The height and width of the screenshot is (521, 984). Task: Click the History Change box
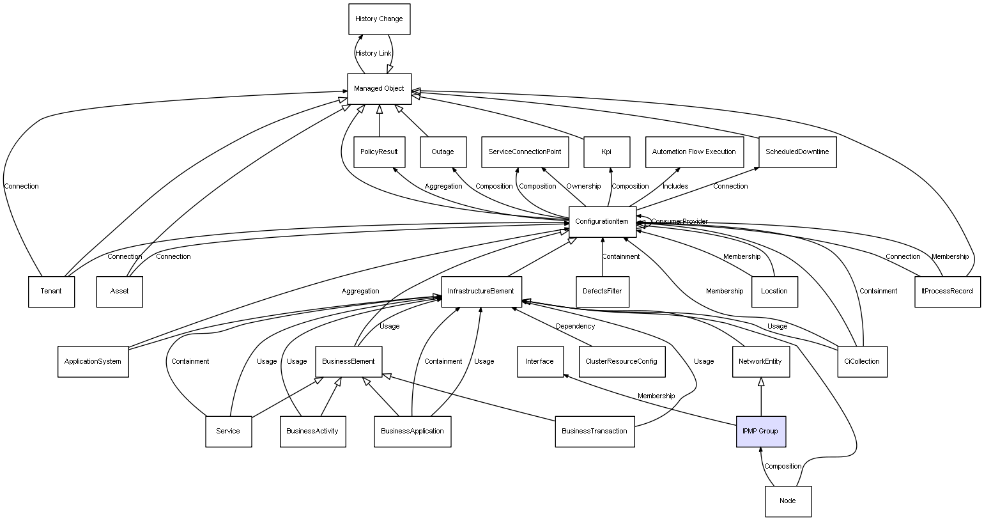point(379,19)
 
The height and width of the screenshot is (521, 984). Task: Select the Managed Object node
point(379,89)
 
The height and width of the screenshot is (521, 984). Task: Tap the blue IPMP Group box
point(760,432)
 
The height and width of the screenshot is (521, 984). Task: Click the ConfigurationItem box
point(602,222)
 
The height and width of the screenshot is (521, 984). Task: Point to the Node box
point(788,501)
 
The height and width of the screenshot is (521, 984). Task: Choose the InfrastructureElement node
point(481,292)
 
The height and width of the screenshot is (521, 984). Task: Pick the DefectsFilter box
point(602,292)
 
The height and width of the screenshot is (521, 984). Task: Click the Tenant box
point(51,292)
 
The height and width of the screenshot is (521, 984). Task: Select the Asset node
point(119,292)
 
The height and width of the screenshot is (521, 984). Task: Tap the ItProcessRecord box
point(947,292)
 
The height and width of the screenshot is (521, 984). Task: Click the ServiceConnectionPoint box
point(525,152)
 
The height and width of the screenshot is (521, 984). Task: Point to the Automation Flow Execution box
point(694,152)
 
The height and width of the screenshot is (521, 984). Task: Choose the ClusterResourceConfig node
point(621,361)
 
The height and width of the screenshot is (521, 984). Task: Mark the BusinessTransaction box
point(594,432)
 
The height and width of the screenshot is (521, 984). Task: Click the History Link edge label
point(373,54)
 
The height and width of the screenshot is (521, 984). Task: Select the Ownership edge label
point(583,187)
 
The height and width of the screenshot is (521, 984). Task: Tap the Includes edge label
point(675,187)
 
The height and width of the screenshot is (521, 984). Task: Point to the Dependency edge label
point(575,327)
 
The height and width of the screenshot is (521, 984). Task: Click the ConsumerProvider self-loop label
point(679,222)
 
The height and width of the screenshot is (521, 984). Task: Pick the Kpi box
point(606,152)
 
